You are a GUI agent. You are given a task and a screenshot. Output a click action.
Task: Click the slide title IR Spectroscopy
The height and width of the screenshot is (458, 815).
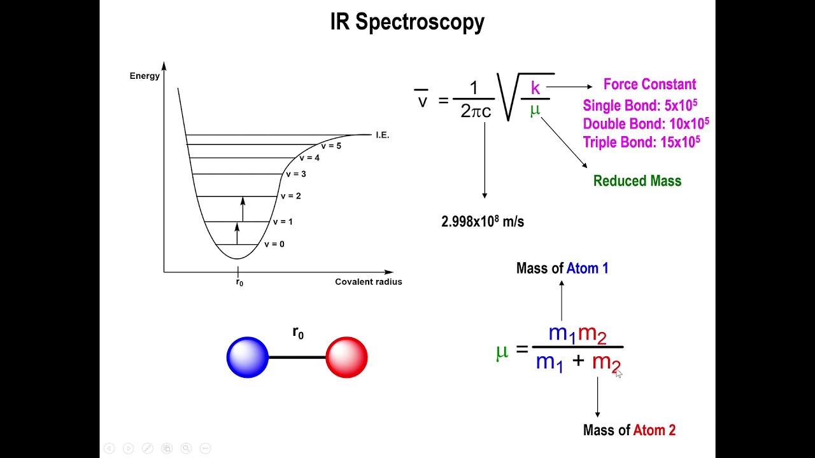point(407,22)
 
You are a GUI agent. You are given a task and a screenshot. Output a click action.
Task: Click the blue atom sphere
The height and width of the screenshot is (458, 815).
point(248,357)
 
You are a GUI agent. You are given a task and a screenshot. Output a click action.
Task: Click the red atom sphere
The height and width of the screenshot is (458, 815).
point(346,357)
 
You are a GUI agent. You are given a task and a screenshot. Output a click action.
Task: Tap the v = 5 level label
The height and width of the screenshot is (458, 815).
point(330,146)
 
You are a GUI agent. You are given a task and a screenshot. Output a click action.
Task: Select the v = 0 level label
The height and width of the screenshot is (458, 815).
point(274,244)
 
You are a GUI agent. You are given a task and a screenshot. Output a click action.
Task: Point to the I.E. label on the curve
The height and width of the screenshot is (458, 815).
point(382,135)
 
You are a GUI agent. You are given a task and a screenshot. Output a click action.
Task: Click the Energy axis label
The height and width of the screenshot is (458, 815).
point(145,76)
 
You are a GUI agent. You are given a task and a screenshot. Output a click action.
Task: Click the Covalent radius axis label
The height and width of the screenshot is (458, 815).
point(369,282)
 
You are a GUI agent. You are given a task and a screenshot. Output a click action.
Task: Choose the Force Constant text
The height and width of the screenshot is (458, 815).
point(649,85)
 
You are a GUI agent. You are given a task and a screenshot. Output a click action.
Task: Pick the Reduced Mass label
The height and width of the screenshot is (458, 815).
point(637,181)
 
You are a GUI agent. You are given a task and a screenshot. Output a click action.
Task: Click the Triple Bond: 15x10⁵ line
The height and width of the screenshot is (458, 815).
point(642,142)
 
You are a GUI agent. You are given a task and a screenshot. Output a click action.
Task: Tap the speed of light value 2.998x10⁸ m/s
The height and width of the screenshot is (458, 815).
point(483,222)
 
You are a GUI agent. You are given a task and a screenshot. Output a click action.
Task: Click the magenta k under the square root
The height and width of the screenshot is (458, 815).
point(535,88)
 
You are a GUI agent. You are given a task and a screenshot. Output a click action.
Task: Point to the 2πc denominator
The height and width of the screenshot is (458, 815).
point(476,111)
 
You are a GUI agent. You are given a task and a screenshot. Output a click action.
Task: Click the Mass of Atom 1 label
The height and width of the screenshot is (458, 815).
point(562,268)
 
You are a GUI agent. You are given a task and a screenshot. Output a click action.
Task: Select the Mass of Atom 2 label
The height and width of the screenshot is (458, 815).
point(629,431)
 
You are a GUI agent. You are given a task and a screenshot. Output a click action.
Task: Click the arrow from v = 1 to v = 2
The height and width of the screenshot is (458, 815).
point(243,209)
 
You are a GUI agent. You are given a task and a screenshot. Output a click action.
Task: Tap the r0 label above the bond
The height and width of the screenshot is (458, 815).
point(298,333)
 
